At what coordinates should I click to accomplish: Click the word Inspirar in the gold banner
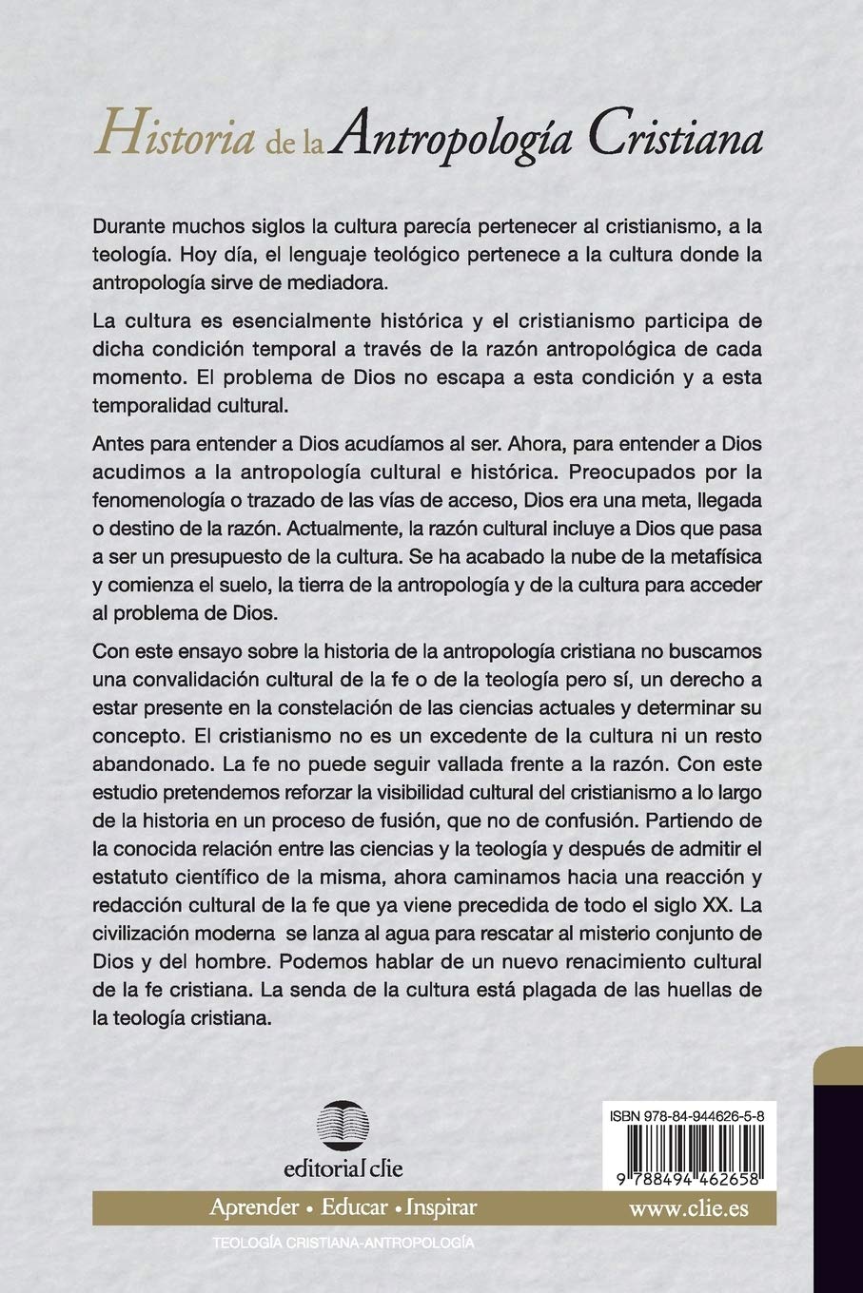[441, 1207]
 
